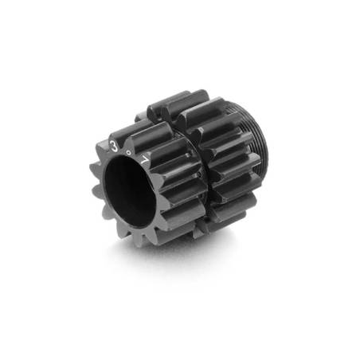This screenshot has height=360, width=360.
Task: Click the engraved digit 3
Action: (x=116, y=146)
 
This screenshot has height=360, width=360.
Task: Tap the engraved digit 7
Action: (x=144, y=158)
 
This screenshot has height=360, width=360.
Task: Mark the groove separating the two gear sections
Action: (x=182, y=171)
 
